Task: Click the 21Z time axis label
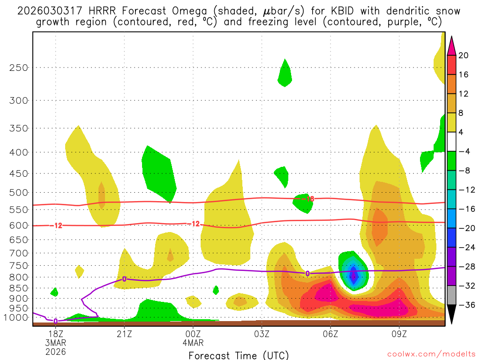coord(124,334)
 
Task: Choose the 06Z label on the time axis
coord(330,334)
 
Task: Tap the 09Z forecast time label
coord(399,334)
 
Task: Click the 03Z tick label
coord(262,334)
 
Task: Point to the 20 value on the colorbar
coord(464,55)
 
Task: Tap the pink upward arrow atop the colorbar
coord(451,45)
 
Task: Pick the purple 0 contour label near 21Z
coord(124,279)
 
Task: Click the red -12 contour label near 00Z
coord(193,224)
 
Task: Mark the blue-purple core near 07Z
coord(354,274)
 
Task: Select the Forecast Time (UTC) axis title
coord(239,355)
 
